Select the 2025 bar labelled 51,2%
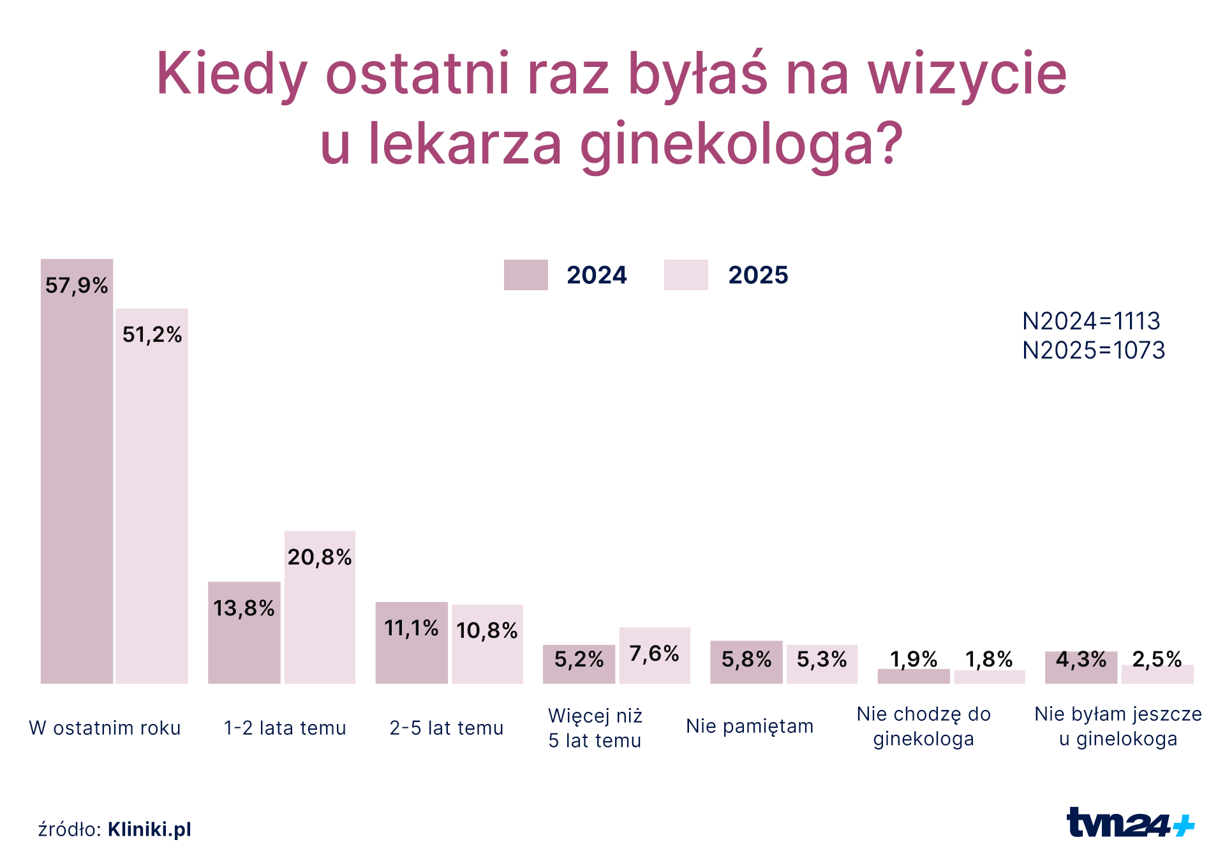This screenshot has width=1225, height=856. [x=152, y=498]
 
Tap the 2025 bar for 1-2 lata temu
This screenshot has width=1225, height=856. [x=320, y=612]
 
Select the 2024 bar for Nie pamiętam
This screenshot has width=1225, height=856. [x=746, y=663]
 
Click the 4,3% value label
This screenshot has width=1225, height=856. [x=1081, y=659]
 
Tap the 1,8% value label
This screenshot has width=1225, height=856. [x=989, y=659]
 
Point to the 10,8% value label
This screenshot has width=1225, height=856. [x=487, y=631]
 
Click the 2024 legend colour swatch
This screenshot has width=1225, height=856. [x=526, y=275]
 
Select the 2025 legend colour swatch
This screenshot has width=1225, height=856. [x=686, y=275]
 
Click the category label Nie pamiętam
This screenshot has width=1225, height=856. [x=750, y=726]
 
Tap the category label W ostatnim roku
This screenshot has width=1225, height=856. [x=105, y=728]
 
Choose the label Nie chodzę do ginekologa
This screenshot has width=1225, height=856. [x=923, y=727]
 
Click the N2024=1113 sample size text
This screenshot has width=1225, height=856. [x=1091, y=321]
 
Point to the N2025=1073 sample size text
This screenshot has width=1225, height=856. [x=1094, y=350]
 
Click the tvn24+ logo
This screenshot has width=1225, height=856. [x=1130, y=823]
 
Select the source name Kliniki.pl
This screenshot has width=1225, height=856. [x=149, y=829]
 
